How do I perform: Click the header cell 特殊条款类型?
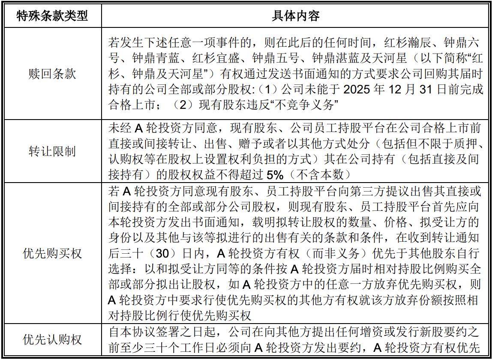click(x=52, y=16)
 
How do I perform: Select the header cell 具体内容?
click(x=296, y=16)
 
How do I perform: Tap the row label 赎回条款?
click(x=52, y=73)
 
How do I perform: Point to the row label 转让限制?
click(x=52, y=151)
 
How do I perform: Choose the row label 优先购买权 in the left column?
click(x=52, y=253)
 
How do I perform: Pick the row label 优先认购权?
click(x=52, y=340)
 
